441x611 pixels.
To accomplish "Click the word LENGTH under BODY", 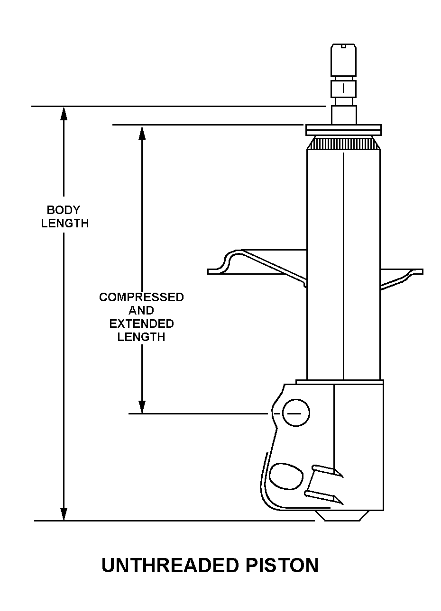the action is click(x=65, y=224).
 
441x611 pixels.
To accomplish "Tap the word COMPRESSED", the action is click(x=141, y=297).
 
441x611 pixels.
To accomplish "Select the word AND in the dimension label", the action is click(x=141, y=310).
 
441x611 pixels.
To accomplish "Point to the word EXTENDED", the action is click(x=141, y=324).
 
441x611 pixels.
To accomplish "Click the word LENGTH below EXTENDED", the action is click(x=141, y=337).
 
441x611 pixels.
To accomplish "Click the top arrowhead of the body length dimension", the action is click(x=64, y=113).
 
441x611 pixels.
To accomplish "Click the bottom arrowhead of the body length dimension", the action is click(x=64, y=513).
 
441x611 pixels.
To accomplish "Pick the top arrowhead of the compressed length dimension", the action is click(x=142, y=132).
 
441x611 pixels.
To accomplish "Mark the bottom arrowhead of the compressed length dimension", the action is click(x=142, y=407).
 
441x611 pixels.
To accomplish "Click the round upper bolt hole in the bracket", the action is click(x=296, y=413).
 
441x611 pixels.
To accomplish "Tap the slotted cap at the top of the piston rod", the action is click(x=343, y=60).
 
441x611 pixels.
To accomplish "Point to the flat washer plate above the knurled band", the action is click(x=343, y=130).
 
